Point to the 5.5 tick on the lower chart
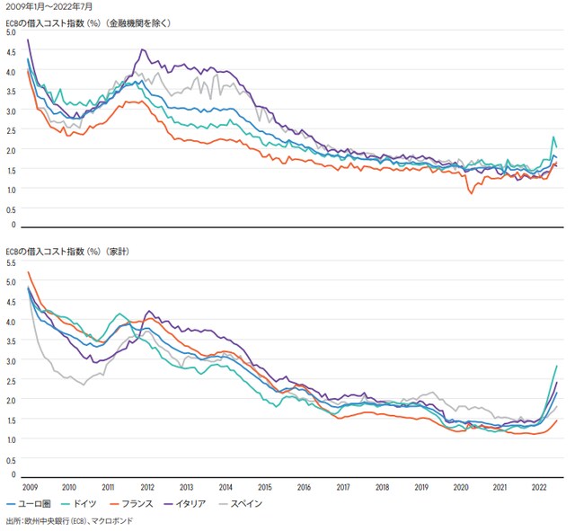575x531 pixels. [x=11, y=264]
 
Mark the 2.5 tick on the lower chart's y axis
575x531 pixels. [x=11, y=381]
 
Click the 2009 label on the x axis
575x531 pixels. [x=31, y=487]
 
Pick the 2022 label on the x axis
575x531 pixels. [x=540, y=487]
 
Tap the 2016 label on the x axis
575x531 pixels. [x=305, y=487]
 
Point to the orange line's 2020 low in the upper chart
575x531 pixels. [x=471, y=193]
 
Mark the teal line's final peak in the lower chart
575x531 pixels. [x=557, y=366]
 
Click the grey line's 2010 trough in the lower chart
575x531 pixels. [x=84, y=385]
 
